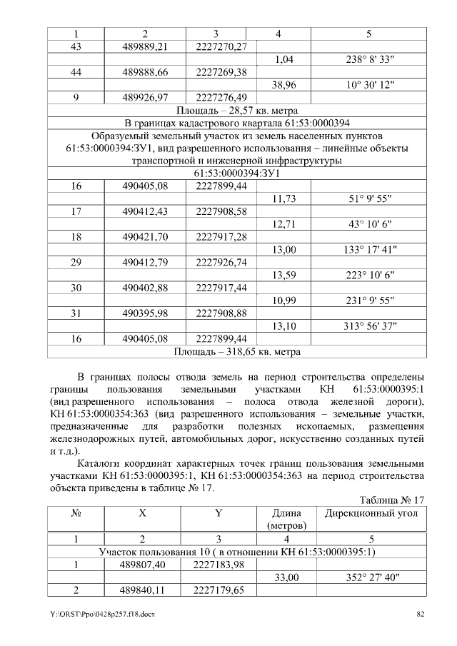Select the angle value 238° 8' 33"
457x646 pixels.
pos(369,60)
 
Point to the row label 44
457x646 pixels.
pos(76,72)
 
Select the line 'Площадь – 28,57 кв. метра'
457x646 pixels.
pos(236,111)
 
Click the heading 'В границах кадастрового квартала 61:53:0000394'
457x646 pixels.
pos(236,123)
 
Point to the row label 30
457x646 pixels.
pos(76,287)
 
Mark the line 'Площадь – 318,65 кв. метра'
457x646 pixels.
pos(236,351)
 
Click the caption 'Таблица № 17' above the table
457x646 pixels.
pos(392,500)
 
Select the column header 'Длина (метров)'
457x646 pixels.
pos(284,519)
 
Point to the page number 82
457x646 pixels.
pos(420,615)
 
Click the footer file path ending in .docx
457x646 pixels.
pos(96,615)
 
